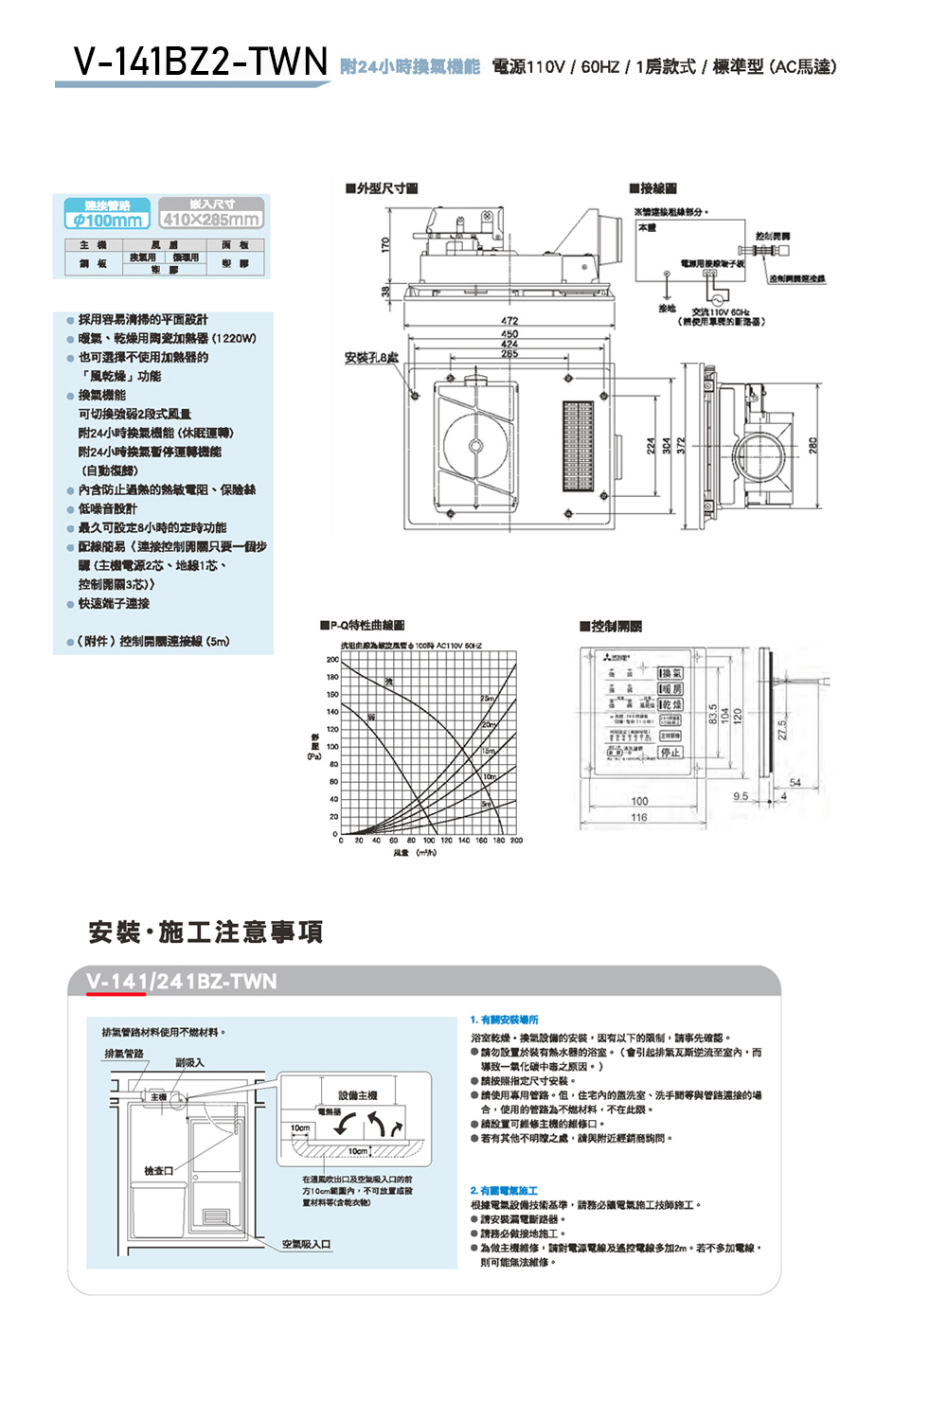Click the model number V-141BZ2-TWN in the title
click(200, 62)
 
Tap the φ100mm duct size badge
click(107, 221)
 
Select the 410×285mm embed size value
click(210, 220)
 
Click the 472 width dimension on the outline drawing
click(509, 321)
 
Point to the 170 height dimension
click(385, 244)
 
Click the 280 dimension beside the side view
click(813, 445)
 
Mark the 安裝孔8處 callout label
click(370, 358)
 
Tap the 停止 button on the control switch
click(670, 753)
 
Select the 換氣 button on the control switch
click(670, 673)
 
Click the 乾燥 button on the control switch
click(670, 705)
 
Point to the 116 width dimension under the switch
click(639, 817)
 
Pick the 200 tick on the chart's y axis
click(332, 660)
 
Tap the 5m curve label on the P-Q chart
click(487, 804)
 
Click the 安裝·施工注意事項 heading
click(205, 932)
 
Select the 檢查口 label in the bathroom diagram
click(158, 1171)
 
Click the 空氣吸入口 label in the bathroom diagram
click(306, 1244)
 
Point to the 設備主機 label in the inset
click(358, 1095)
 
